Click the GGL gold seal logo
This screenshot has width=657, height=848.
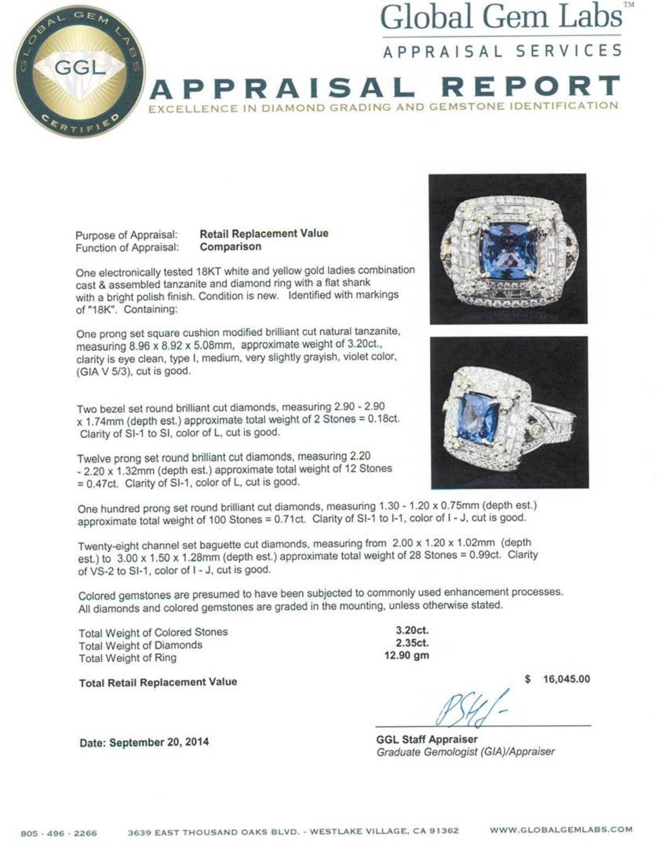[x=80, y=71]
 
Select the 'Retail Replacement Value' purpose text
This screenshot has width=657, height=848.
[x=264, y=233]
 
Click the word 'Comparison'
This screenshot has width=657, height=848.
[x=230, y=247]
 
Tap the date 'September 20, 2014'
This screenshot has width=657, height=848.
[x=159, y=743]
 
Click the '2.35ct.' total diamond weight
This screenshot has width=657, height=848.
[x=412, y=643]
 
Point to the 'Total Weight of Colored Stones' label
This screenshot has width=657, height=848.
[x=153, y=632]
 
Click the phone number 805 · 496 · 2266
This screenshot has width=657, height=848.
[x=59, y=833]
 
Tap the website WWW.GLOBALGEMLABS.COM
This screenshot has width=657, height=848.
[x=561, y=829]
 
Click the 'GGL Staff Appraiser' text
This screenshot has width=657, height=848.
[x=427, y=739]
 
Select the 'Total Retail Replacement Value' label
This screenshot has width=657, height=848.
[x=158, y=682]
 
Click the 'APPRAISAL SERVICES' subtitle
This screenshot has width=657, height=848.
[x=502, y=51]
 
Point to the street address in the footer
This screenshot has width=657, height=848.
[x=293, y=832]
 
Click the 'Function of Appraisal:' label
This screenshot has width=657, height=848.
[x=127, y=248]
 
